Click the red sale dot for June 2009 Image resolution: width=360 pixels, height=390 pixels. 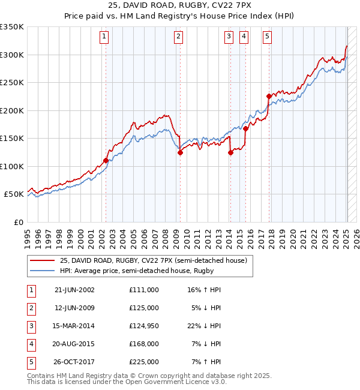point(180,153)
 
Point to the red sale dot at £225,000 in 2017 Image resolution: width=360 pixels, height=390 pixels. point(269,96)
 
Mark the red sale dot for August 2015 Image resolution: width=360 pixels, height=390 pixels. point(245,128)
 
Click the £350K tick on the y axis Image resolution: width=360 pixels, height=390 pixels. point(12,27)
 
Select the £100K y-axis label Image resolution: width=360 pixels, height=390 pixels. point(12,166)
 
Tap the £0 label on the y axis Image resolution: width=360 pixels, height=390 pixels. point(18,222)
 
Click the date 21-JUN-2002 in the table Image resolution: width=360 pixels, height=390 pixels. point(74,289)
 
